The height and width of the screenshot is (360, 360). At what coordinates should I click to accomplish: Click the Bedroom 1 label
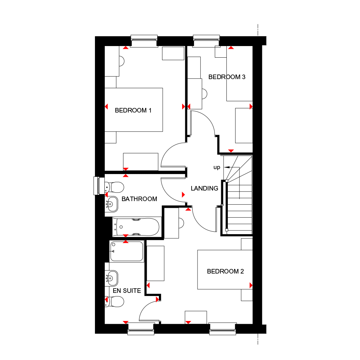pos(133,110)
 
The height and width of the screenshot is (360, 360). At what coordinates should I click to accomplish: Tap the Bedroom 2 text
pos(225,271)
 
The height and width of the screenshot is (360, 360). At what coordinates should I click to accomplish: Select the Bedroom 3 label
pos(227,77)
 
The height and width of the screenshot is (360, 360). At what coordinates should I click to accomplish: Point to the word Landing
pos(204,188)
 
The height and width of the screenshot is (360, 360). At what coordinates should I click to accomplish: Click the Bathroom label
pos(139,199)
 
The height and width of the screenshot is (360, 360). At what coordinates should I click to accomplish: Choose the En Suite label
pos(127,291)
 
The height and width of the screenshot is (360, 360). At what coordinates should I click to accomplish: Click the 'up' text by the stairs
pos(217,167)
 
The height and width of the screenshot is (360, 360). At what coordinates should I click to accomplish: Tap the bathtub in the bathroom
pos(136,227)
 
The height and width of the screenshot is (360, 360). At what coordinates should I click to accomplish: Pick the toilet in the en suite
pos(115,301)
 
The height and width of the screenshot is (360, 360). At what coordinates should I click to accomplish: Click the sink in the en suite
pos(112,278)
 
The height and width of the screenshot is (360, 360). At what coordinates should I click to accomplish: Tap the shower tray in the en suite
pos(127,251)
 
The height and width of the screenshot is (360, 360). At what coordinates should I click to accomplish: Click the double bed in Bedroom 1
pos(134,110)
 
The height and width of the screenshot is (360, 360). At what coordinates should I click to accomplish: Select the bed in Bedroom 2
pos(225,270)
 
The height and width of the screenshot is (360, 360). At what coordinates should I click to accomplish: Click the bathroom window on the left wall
pos(97,186)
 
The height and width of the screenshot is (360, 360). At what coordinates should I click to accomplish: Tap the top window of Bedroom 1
pos(144,41)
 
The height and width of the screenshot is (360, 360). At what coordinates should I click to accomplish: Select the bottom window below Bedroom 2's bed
pos(222,328)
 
